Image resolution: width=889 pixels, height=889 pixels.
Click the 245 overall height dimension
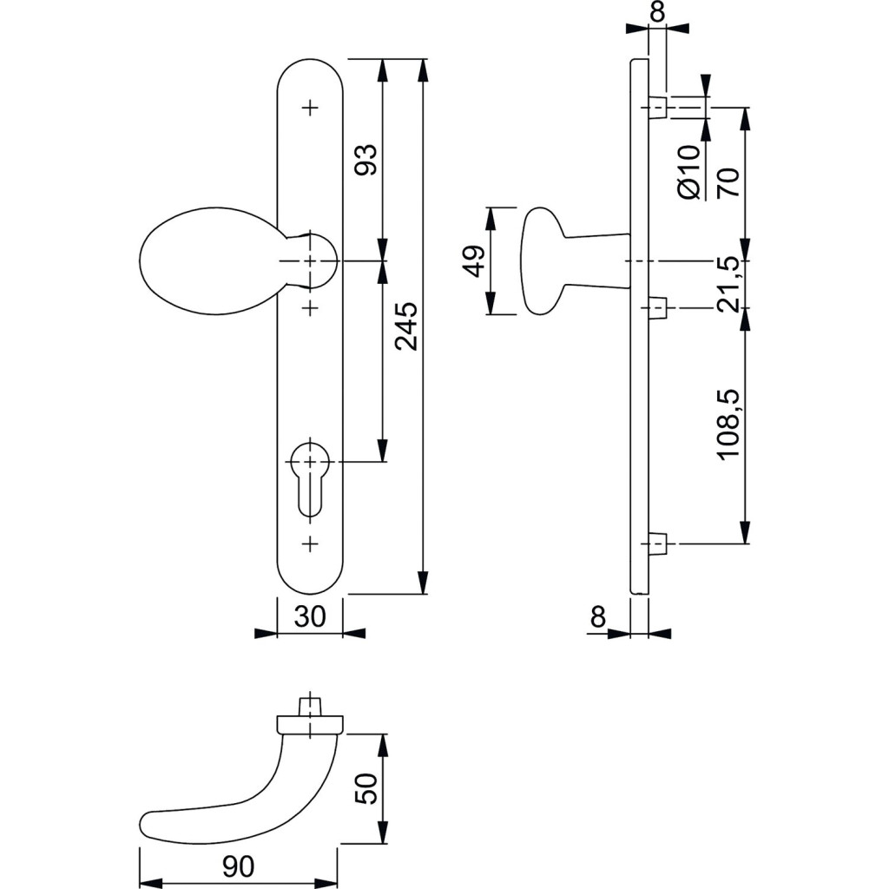pyautogui.click(x=406, y=326)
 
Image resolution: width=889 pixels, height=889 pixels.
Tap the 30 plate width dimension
pyautogui.click(x=310, y=616)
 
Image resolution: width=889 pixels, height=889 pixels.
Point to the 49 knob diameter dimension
pyautogui.click(x=473, y=260)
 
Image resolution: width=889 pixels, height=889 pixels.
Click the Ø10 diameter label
pyautogui.click(x=688, y=173)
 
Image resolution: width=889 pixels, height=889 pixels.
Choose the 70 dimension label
pyautogui.click(x=728, y=181)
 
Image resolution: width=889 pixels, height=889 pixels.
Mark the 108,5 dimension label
pyautogui.click(x=728, y=425)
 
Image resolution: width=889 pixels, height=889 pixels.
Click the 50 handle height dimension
pyautogui.click(x=368, y=788)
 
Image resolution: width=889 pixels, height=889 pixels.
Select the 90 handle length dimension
pyautogui.click(x=238, y=866)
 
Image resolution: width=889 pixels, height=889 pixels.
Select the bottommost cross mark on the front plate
pyautogui.click(x=310, y=544)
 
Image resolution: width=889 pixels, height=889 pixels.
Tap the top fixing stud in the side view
pyautogui.click(x=658, y=108)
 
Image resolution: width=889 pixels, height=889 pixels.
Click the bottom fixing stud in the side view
pyautogui.click(x=658, y=544)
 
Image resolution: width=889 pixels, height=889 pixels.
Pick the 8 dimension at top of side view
pyautogui.click(x=657, y=11)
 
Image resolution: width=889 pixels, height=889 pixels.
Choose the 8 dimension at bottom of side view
pyautogui.click(x=597, y=617)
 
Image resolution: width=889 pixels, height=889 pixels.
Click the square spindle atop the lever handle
pyautogui.click(x=309, y=705)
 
